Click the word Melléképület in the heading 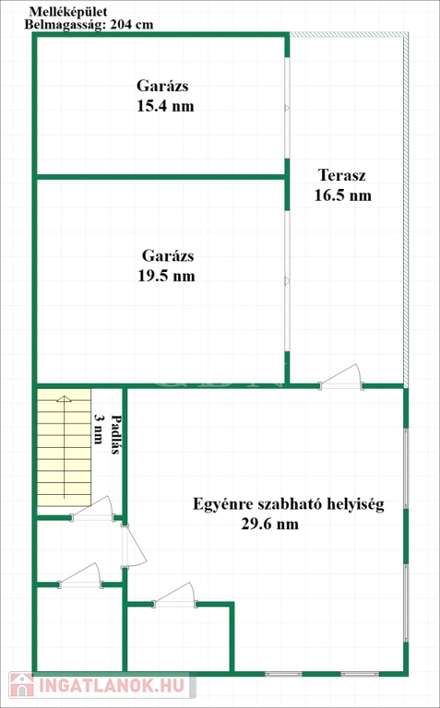click(68, 12)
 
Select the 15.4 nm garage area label click(165, 106)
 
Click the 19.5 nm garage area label click(166, 276)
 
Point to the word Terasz click(341, 175)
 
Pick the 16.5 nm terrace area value click(343, 195)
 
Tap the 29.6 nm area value click(270, 525)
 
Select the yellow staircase click(64, 447)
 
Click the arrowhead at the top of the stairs click(65, 398)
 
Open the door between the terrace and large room click(341, 376)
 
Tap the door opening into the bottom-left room click(80, 575)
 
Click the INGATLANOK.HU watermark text click(112, 686)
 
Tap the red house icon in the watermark click(22, 685)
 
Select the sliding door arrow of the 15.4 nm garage click(287, 108)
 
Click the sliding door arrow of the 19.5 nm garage click(287, 281)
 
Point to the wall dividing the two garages click(161, 177)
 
